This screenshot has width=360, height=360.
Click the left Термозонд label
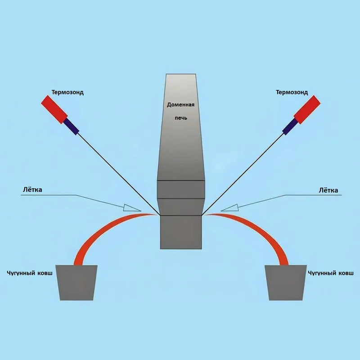tap(67, 92)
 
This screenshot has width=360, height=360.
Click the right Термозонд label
tap(292, 92)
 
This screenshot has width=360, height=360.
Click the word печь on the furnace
tap(180, 118)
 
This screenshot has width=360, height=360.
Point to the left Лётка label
tap(32, 189)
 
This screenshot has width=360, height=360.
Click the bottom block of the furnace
tap(180, 232)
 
